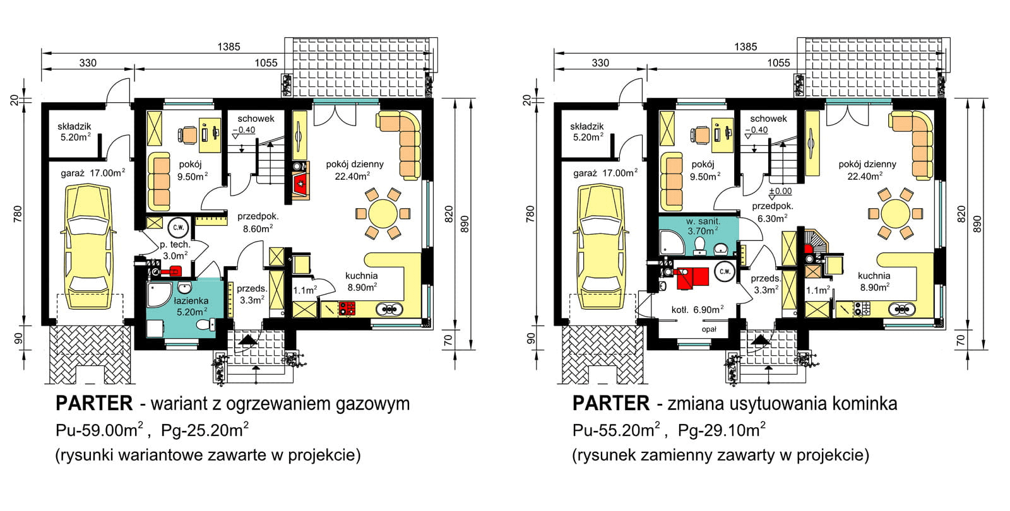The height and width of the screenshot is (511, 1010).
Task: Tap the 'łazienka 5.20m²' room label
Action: click(x=191, y=306)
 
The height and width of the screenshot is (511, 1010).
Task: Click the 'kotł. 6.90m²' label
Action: click(x=697, y=310)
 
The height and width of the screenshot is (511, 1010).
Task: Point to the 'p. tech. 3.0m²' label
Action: click(x=175, y=250)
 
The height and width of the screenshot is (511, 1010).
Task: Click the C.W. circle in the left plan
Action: click(x=179, y=226)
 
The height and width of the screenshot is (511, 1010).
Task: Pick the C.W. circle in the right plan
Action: click(x=724, y=272)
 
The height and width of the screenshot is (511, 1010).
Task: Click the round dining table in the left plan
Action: click(x=383, y=213)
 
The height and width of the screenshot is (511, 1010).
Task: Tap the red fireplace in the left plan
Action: click(x=300, y=184)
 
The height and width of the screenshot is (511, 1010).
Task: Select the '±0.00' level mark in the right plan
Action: click(x=780, y=191)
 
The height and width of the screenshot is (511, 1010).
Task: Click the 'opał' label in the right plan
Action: click(x=708, y=329)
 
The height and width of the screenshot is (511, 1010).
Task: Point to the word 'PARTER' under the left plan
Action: click(x=94, y=403)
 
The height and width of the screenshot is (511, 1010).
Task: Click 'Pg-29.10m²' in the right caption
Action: click(x=722, y=430)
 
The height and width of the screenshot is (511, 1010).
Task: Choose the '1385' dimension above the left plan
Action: click(x=229, y=46)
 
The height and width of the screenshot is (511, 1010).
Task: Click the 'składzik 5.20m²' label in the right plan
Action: click(x=586, y=131)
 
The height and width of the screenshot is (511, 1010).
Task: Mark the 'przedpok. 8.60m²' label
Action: click(x=258, y=222)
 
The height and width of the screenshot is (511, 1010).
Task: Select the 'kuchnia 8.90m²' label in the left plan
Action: click(x=362, y=281)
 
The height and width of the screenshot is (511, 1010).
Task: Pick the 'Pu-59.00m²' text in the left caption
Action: click(x=100, y=430)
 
